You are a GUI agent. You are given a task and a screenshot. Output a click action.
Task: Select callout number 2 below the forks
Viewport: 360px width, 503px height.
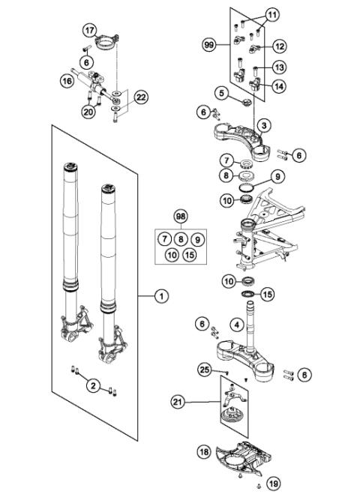(92, 385)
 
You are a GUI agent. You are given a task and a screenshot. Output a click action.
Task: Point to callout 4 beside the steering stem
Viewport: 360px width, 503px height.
(236, 325)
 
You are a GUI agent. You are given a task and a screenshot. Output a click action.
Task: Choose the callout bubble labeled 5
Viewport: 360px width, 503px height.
(221, 93)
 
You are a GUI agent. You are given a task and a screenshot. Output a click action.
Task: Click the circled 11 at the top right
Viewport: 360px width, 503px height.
(271, 14)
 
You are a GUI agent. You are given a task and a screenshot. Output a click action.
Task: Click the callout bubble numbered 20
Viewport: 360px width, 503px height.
(87, 111)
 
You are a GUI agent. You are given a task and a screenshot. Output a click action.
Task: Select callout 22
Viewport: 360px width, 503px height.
(140, 96)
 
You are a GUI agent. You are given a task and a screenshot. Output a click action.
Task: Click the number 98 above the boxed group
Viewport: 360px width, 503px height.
(179, 216)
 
